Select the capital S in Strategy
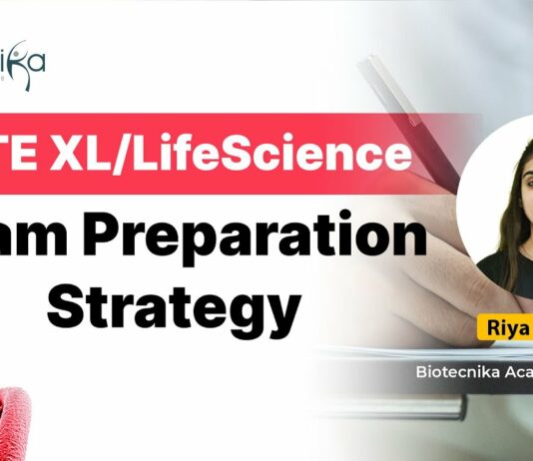tap(66, 297)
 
